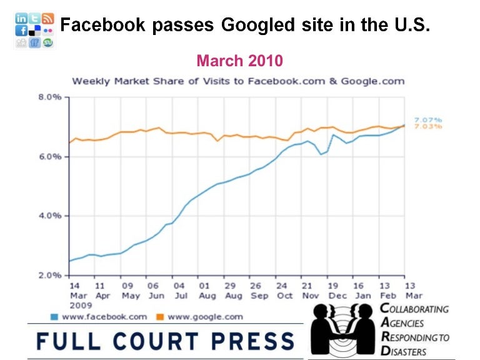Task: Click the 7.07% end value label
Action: click(x=428, y=119)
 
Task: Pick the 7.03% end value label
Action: click(x=428, y=127)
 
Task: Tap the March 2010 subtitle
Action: click(x=240, y=61)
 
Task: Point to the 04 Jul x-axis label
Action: click(x=179, y=290)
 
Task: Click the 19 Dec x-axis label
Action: click(x=333, y=290)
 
